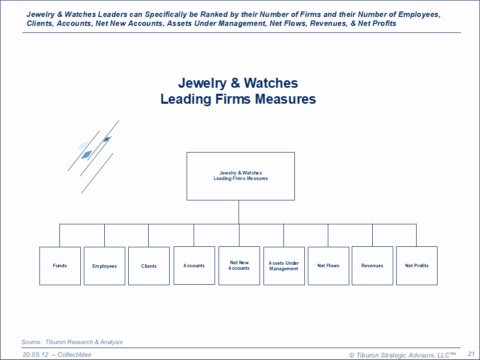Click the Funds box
pos(60,266)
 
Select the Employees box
pos(104,266)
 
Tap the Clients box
pos(149,266)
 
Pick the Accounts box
pos(194,266)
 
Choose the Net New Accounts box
pos(239,266)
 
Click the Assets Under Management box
pos(284,266)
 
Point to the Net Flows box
pos(328,266)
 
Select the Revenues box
pos(372,266)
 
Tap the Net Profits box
pos(417,266)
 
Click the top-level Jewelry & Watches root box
pos(240,176)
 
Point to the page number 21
pos(471,354)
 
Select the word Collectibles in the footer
pos(74,355)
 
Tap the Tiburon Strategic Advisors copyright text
pos(402,355)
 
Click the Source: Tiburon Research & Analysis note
pos(72,342)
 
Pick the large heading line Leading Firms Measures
pos(238,99)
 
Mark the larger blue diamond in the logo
pos(86,155)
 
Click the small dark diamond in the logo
pos(106,139)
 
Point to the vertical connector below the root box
pos(239,212)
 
